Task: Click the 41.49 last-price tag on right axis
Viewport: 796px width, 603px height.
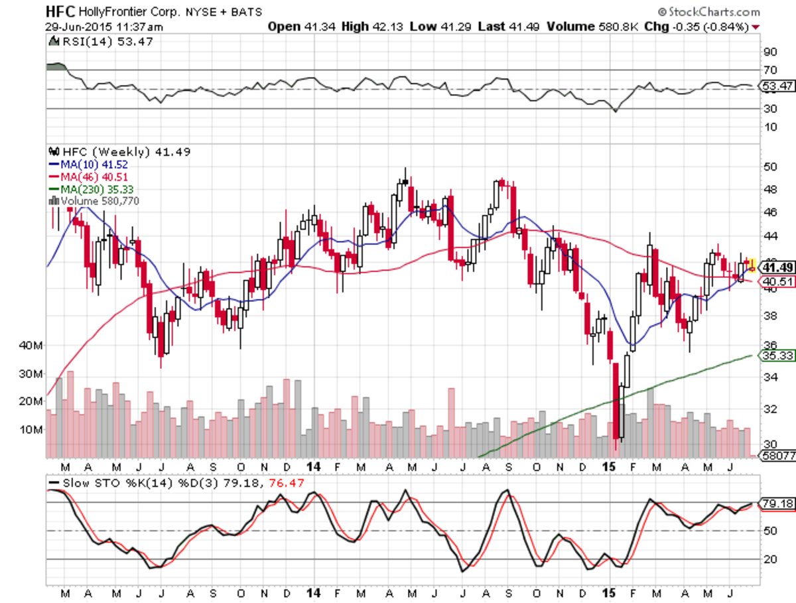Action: [x=777, y=267]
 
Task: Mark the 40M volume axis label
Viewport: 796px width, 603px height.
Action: [x=32, y=346]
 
